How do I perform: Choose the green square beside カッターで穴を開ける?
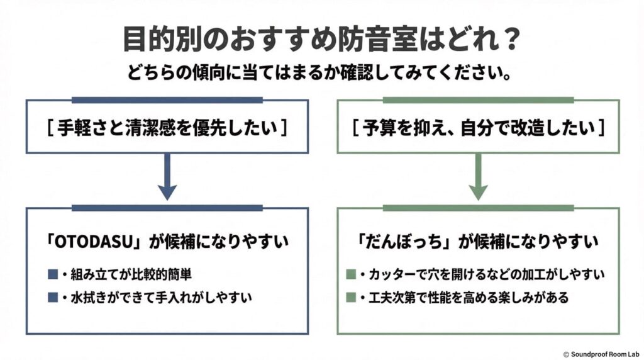pos(351,275)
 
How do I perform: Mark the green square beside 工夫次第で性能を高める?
pos(351,297)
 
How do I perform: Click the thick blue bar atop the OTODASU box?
pos(167,208)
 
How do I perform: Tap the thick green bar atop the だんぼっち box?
pos(478,208)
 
